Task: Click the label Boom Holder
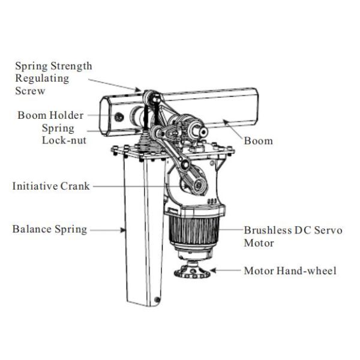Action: (x=50, y=115)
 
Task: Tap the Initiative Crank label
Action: (x=51, y=186)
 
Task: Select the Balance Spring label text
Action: (x=50, y=229)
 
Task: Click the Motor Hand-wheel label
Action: (x=290, y=271)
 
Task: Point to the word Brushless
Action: (x=268, y=230)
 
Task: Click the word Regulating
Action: (x=42, y=79)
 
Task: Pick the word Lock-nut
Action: (x=64, y=140)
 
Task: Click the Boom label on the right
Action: (x=258, y=141)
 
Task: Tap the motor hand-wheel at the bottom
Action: (x=192, y=271)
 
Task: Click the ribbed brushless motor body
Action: (x=194, y=230)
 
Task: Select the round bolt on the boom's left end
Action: (x=119, y=118)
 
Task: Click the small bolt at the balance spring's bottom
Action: (x=157, y=299)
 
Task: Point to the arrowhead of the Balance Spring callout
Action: (x=123, y=230)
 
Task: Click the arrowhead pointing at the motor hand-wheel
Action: (x=213, y=271)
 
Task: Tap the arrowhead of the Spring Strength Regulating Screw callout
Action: (x=138, y=89)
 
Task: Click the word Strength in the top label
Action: (x=71, y=67)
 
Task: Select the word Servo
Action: (x=328, y=230)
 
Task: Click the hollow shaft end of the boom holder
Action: (x=203, y=131)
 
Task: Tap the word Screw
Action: (x=30, y=91)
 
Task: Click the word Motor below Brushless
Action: (x=259, y=243)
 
